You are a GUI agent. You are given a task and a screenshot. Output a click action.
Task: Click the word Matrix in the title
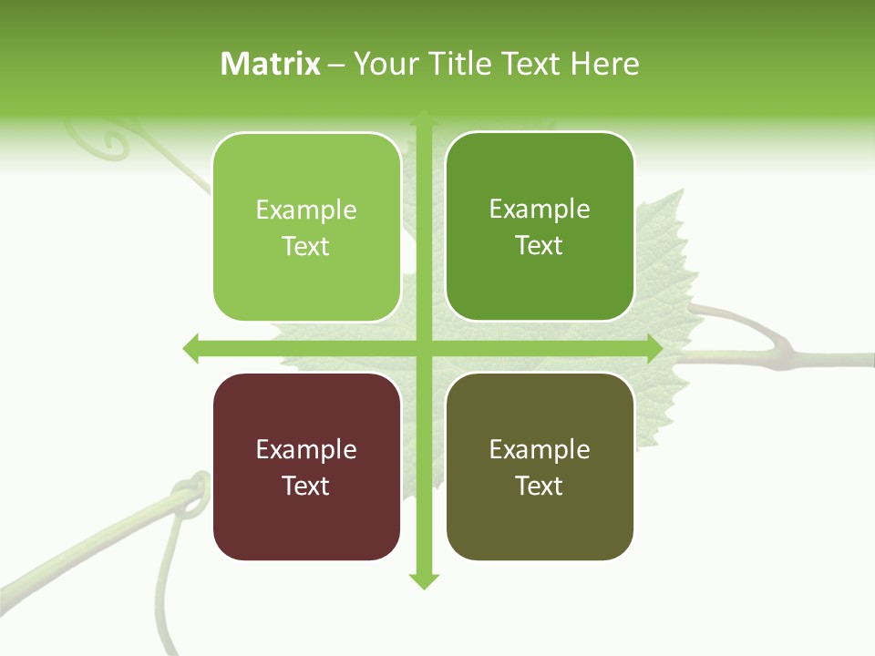click(x=271, y=64)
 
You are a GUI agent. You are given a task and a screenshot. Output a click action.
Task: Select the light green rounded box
click(x=307, y=228)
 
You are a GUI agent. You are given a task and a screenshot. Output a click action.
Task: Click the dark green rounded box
click(x=540, y=227)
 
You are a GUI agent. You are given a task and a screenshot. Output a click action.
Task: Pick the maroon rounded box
click(x=307, y=466)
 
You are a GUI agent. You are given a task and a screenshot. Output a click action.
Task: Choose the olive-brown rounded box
click(x=540, y=466)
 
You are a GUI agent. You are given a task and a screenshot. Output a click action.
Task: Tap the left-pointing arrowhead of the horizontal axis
click(x=191, y=348)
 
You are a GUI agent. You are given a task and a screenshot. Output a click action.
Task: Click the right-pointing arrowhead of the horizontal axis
click(x=654, y=348)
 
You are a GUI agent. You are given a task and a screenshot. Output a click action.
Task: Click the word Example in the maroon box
click(x=305, y=449)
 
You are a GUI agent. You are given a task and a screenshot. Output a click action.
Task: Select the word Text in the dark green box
click(x=539, y=246)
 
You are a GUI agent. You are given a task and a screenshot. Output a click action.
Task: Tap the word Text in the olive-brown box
click(x=539, y=486)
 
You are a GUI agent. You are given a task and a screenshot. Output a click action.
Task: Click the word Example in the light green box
click(x=305, y=210)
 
